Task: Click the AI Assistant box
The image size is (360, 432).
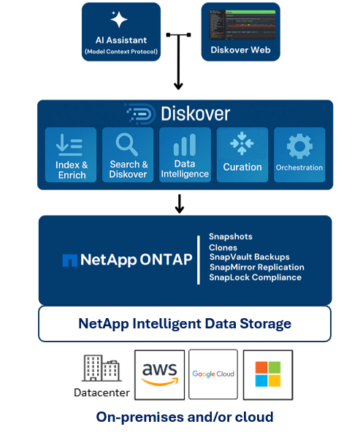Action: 120,31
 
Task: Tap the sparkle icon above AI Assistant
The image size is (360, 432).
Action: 119,20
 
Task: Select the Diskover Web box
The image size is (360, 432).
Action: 240,31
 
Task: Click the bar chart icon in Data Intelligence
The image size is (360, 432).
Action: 185,144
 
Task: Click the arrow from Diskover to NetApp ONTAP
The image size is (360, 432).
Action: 180,204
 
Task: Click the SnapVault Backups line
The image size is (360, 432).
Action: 249,257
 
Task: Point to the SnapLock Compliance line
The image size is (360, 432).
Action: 255,277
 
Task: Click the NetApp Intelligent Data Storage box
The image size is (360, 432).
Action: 185,323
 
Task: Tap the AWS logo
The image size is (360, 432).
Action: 158,374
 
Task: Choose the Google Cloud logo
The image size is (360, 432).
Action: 213,374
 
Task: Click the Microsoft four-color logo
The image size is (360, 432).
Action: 267,374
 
